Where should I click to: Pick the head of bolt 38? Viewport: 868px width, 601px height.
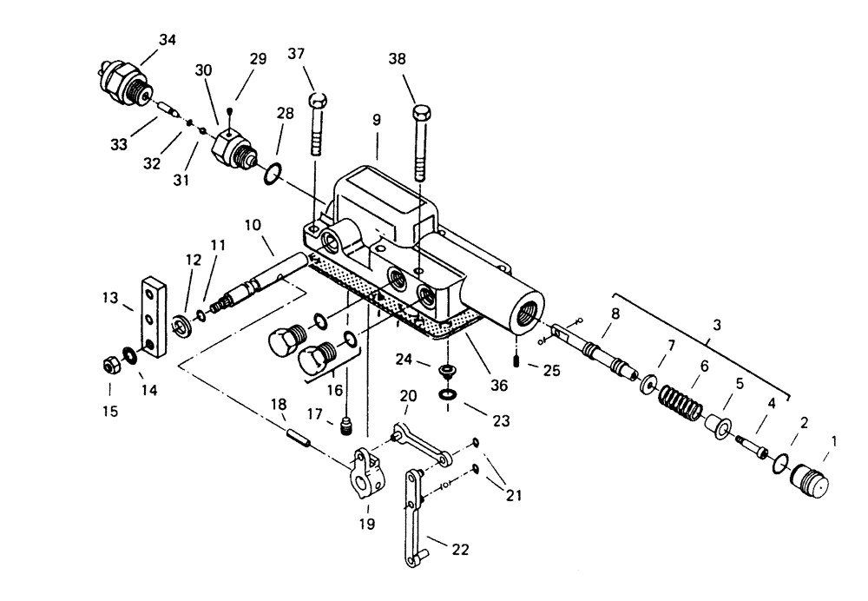tap(421, 113)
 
